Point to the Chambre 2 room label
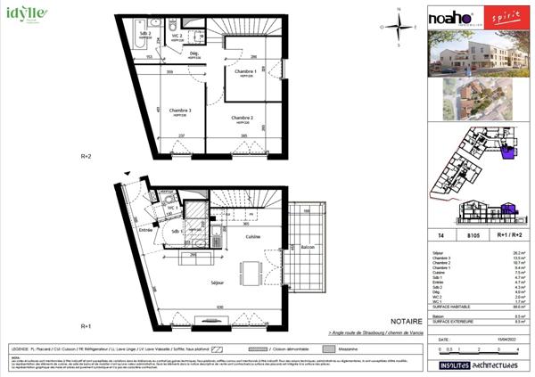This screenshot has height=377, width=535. (243, 118)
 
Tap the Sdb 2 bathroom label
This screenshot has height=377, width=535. (144, 34)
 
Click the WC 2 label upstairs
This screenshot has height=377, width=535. (177, 36)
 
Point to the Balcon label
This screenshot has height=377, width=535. (307, 246)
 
